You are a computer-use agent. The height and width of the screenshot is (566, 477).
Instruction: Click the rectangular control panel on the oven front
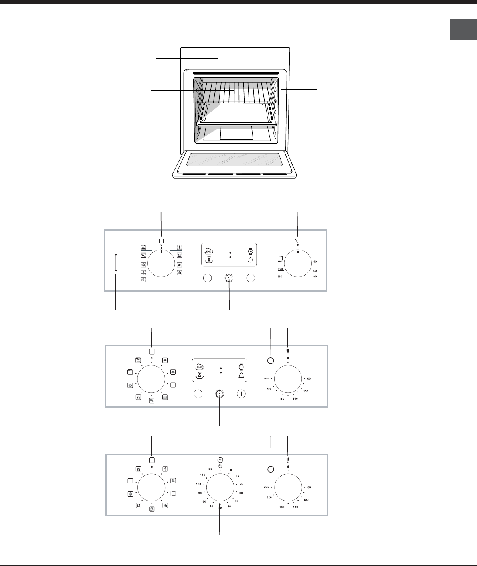pos(237,59)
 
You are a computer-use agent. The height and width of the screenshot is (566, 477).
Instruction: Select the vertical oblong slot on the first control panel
pos(116,263)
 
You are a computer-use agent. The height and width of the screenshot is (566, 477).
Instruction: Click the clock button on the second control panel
pos(220,394)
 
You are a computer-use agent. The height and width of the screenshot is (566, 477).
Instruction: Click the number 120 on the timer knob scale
pos(210,469)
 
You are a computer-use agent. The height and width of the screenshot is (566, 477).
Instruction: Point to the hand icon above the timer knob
pos(220,466)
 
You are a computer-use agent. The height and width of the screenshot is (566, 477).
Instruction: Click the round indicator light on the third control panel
pos(271,469)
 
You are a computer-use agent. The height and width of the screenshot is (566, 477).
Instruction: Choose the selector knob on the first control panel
pos(161,264)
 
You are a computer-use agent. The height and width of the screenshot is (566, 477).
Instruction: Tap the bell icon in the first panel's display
pos(251,260)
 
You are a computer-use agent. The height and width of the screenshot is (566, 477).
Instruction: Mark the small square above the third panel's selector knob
pos(152,461)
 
